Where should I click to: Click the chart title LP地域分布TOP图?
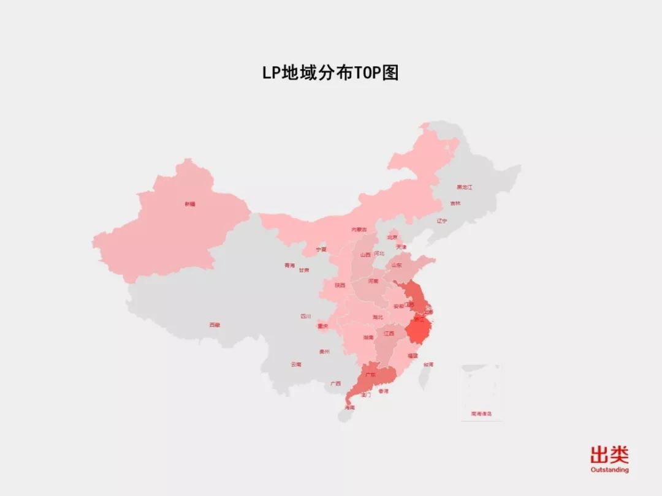pyautogui.click(x=330, y=73)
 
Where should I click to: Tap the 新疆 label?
pyautogui.click(x=190, y=204)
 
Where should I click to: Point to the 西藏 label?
pyautogui.click(x=214, y=325)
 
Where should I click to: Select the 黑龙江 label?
pyautogui.click(x=464, y=187)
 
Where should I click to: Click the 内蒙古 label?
pyautogui.click(x=359, y=230)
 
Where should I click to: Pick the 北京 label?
pyautogui.click(x=392, y=237)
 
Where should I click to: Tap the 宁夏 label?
pyautogui.click(x=321, y=249)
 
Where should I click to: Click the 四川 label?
pyautogui.click(x=305, y=317)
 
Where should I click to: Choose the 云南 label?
pyautogui.click(x=296, y=364)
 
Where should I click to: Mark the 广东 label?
pyautogui.click(x=370, y=374)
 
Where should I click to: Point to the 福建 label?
pyautogui.click(x=413, y=355)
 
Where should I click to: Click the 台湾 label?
pyautogui.click(x=428, y=364)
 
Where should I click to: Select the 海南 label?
pyautogui.click(x=349, y=407)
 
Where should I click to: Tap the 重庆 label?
pyautogui.click(x=323, y=326)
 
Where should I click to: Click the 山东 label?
pyautogui.click(x=397, y=266)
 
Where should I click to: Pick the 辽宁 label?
pyautogui.click(x=442, y=220)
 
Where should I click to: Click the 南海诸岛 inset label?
pyautogui.click(x=481, y=414)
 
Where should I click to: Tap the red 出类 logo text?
pyautogui.click(x=609, y=455)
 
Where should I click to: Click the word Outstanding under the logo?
pyautogui.click(x=609, y=470)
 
